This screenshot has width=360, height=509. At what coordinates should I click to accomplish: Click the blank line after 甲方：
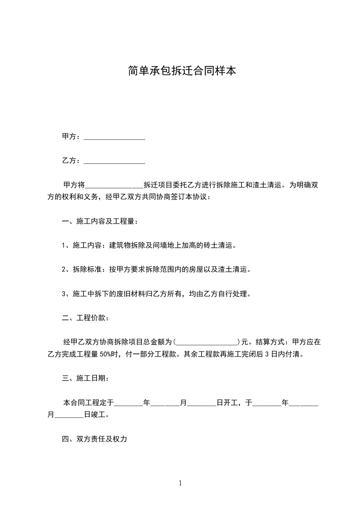(x=114, y=137)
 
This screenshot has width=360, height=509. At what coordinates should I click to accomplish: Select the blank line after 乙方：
(x=114, y=161)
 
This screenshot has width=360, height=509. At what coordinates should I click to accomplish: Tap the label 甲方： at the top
(x=72, y=137)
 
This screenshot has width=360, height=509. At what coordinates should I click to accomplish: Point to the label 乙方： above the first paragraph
(x=72, y=161)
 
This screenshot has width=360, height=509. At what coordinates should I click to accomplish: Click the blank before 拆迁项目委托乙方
(x=114, y=185)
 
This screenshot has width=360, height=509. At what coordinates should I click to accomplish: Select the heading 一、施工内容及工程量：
(x=100, y=221)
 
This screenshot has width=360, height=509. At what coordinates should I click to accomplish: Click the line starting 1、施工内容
(x=149, y=245)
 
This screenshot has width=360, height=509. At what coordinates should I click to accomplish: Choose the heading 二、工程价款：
(x=85, y=318)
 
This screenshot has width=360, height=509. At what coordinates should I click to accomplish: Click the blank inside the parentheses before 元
(x=207, y=342)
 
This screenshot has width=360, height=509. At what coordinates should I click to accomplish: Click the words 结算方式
(x=271, y=342)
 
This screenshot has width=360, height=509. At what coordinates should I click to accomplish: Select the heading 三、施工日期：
(x=85, y=378)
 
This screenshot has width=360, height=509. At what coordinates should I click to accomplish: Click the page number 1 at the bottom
(x=180, y=484)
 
